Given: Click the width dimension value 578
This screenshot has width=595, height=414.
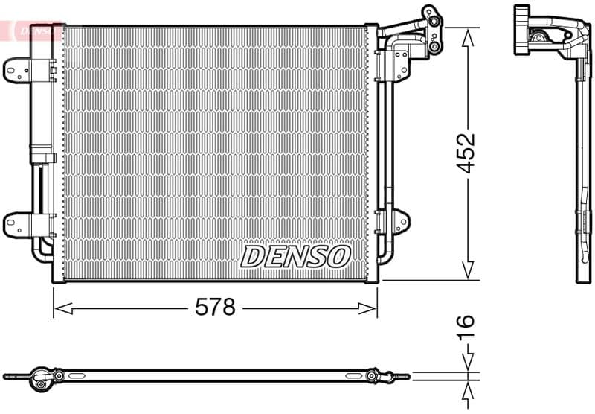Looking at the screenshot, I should (x=215, y=307).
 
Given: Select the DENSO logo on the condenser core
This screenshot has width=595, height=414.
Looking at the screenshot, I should (x=295, y=257).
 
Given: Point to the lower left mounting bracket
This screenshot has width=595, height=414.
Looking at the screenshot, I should (x=16, y=223).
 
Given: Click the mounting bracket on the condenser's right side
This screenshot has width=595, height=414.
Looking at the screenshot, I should (x=399, y=222).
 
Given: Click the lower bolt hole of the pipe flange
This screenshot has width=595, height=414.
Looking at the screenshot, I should (x=434, y=47).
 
